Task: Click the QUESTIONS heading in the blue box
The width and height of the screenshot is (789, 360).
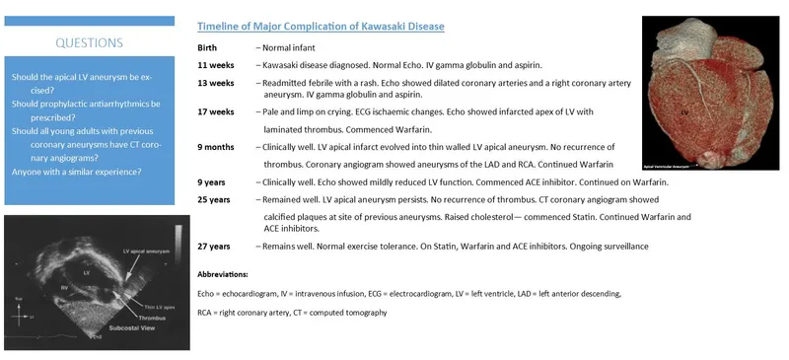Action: click(89, 43)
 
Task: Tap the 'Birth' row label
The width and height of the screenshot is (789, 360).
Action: click(207, 47)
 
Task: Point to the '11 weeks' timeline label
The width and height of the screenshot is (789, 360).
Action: click(215, 64)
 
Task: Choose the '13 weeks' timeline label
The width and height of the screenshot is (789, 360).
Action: click(215, 83)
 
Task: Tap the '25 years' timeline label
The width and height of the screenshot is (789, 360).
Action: click(214, 199)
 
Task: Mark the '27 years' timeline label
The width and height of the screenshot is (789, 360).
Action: click(214, 245)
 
